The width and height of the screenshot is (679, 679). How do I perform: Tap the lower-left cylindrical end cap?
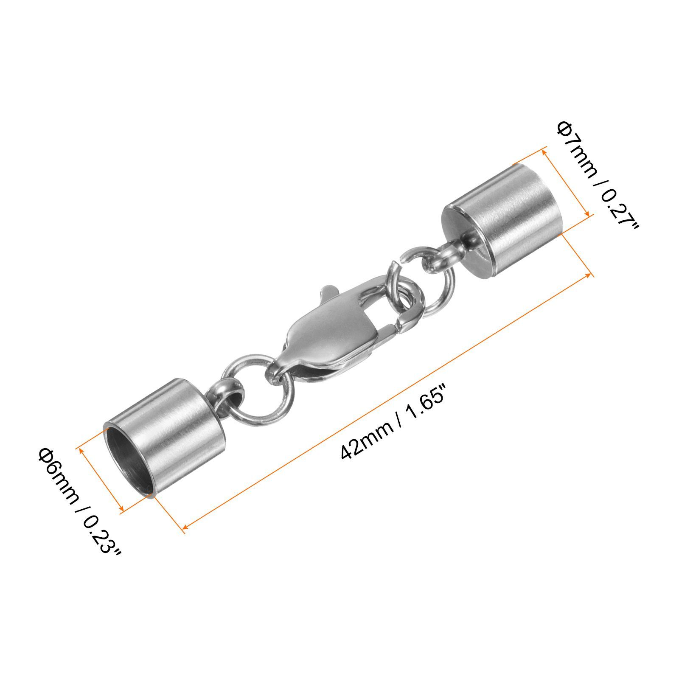[x=166, y=438]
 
